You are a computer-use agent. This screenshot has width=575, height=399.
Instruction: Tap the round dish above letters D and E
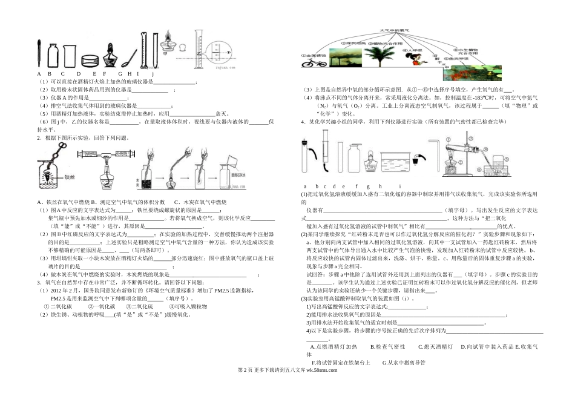click(91, 61)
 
